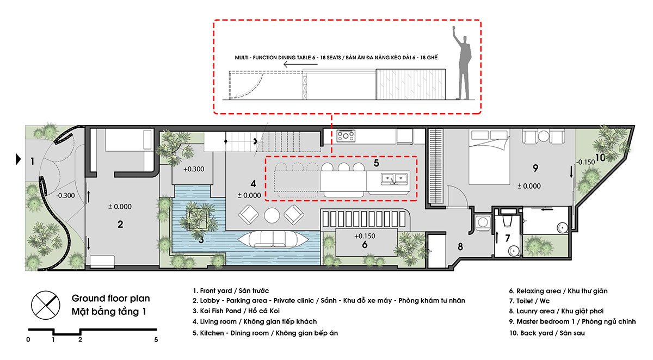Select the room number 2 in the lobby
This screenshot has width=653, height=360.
coord(120,224)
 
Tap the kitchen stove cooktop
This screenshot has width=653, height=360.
coord(346,134)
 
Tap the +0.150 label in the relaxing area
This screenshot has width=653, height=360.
coord(364,236)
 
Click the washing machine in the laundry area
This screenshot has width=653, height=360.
coord(482,222)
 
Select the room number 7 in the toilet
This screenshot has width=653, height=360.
coord(507,238)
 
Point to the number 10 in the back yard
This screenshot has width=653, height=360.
coord(600,158)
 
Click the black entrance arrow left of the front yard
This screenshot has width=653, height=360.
coord(17,159)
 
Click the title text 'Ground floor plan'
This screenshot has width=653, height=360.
coord(110,299)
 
